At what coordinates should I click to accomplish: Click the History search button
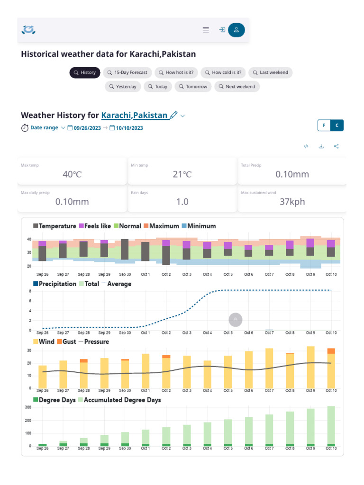[x=85, y=72]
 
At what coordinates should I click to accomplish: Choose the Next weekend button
[x=237, y=87]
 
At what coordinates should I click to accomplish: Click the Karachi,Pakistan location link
[x=135, y=115]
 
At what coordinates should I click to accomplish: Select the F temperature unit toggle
[x=324, y=126]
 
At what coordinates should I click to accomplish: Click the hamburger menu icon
[x=206, y=30]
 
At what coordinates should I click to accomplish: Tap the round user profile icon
[x=236, y=30]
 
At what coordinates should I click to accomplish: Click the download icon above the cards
[x=321, y=146]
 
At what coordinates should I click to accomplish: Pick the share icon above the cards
[x=336, y=146]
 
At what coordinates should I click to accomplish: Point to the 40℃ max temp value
[x=72, y=174]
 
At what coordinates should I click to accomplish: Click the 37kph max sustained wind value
[x=291, y=202]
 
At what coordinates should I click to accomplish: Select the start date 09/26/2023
[x=87, y=128]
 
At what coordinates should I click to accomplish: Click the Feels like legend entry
[x=95, y=226]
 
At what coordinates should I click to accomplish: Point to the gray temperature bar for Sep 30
[x=125, y=249]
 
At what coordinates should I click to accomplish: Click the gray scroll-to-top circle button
[x=236, y=320]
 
